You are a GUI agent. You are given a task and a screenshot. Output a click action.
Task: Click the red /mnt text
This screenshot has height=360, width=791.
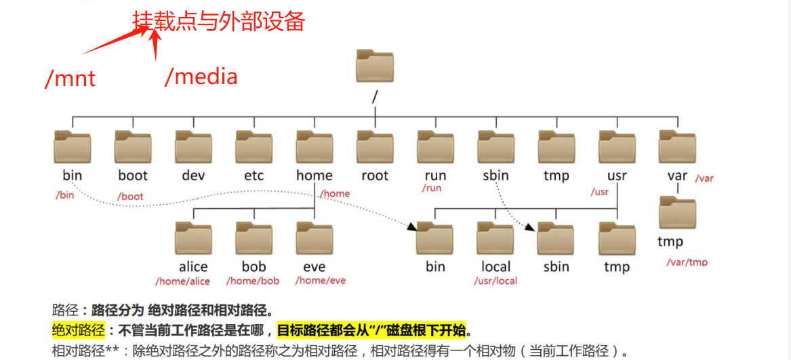pyautogui.click(x=70, y=79)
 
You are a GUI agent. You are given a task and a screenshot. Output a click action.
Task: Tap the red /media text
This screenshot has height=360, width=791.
pyautogui.click(x=201, y=76)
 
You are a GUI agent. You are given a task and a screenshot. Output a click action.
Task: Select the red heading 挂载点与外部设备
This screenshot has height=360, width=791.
pyautogui.click(x=219, y=22)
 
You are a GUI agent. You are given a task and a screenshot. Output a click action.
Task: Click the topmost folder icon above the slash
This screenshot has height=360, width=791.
pyautogui.click(x=375, y=66)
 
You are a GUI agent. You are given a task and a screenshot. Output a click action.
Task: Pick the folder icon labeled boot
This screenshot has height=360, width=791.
pyautogui.click(x=133, y=146)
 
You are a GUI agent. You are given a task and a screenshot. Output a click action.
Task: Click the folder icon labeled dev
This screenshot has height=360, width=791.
pyautogui.click(x=193, y=146)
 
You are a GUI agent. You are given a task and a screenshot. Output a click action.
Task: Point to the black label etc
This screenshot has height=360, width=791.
pyautogui.click(x=253, y=176)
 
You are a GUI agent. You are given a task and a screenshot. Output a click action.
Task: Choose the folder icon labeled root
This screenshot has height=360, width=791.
pyautogui.click(x=375, y=146)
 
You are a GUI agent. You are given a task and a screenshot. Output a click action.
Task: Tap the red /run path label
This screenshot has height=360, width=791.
pyautogui.click(x=432, y=188)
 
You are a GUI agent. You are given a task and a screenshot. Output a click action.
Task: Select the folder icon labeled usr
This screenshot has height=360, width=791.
pyautogui.click(x=617, y=146)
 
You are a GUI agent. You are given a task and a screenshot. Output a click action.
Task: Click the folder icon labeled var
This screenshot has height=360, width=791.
pyautogui.click(x=677, y=146)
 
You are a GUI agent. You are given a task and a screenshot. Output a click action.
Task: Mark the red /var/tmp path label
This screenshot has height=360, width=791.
pyautogui.click(x=687, y=262)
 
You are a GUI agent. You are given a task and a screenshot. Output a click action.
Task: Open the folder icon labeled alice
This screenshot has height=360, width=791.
pyautogui.click(x=193, y=237)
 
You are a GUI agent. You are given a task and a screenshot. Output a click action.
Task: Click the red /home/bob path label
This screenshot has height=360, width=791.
pyautogui.click(x=253, y=281)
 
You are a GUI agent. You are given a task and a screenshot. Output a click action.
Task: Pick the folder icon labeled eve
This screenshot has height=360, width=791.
pyautogui.click(x=315, y=237)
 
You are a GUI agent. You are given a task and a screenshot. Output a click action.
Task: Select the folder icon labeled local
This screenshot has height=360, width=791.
pyautogui.click(x=495, y=237)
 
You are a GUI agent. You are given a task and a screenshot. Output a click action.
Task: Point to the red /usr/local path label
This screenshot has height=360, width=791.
pyautogui.click(x=495, y=281)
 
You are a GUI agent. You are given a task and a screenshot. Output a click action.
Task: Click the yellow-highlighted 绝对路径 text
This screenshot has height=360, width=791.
pyautogui.click(x=79, y=331)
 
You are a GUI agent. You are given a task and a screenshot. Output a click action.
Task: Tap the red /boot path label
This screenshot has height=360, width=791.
pyautogui.click(x=130, y=197)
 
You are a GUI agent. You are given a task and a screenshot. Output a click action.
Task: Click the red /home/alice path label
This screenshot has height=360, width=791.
pyautogui.click(x=182, y=281)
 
